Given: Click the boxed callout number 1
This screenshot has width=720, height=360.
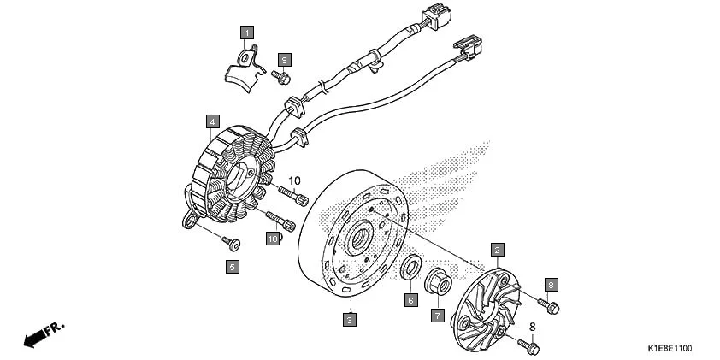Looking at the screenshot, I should [247, 34].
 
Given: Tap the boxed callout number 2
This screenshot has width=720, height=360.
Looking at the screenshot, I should [496, 250].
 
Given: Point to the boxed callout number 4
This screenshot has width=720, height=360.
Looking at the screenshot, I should [211, 121].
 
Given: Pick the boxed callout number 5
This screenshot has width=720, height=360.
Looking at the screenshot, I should [233, 267].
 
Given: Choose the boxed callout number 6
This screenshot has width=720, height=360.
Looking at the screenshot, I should [410, 300].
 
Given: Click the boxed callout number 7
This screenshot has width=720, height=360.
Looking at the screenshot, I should [437, 316].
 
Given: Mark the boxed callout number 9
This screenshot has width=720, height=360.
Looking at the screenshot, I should [285, 59].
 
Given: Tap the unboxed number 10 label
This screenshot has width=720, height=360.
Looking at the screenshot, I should [295, 181].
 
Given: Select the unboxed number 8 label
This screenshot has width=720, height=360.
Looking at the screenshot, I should [531, 326].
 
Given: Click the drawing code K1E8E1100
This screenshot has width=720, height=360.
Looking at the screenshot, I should [669, 348].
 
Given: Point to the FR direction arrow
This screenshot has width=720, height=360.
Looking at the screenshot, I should [43, 334].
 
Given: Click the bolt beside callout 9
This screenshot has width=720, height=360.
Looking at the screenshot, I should [280, 78].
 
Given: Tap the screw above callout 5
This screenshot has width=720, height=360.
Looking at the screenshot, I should [231, 244].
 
